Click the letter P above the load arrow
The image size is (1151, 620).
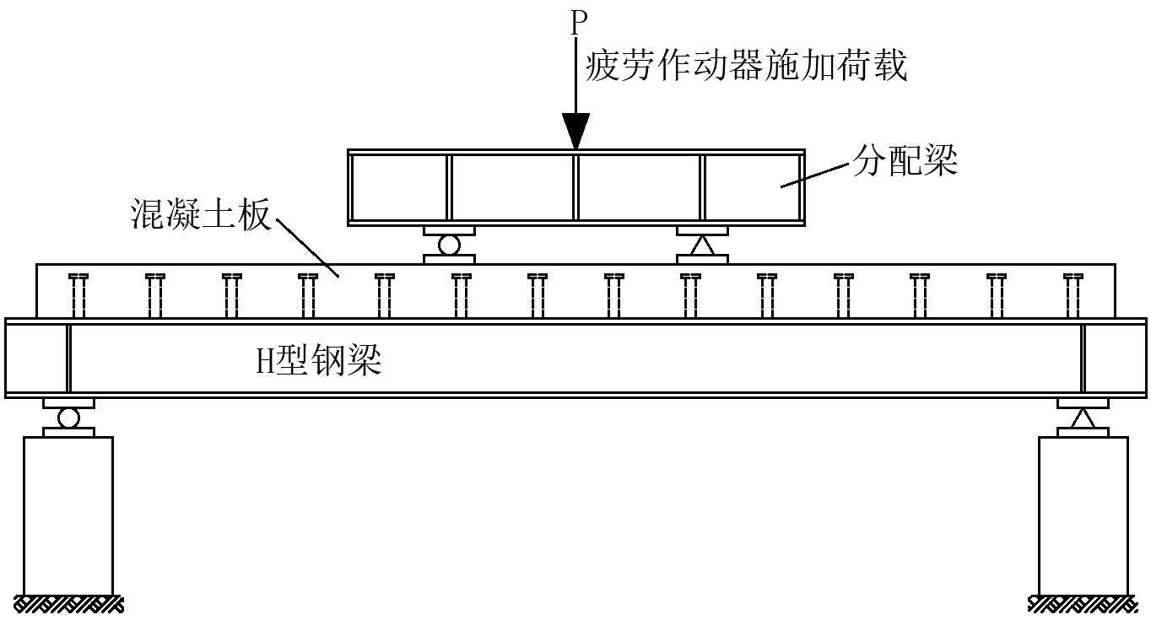(577, 23)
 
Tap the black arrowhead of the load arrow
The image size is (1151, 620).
(576, 132)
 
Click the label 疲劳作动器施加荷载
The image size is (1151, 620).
(746, 66)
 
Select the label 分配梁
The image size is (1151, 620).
(905, 162)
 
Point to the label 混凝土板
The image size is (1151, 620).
(201, 214)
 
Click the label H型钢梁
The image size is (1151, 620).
(319, 360)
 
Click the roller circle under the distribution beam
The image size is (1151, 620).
(449, 245)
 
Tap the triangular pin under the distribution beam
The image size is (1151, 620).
(702, 245)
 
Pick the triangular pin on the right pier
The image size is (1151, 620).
(1083, 418)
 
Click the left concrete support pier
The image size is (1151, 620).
(68, 515)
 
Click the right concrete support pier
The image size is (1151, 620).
(1083, 515)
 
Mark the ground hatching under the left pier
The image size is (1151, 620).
(68, 604)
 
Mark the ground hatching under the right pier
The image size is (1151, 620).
(1083, 604)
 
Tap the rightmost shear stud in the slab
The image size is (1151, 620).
(1073, 296)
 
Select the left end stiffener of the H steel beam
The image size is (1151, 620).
(68, 359)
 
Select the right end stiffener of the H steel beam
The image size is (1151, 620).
(1083, 359)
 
